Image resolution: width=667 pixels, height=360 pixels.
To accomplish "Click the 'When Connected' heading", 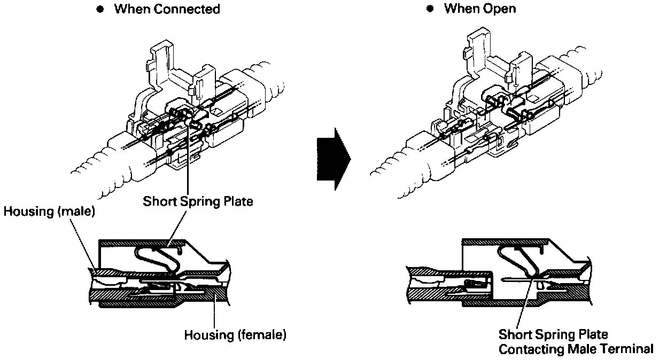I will point(167,10).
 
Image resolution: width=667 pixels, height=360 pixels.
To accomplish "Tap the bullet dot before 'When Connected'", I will point(99,10).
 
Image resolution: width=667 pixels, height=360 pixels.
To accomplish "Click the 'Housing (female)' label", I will point(235,335).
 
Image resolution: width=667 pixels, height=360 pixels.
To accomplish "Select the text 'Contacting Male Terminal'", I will point(576,349).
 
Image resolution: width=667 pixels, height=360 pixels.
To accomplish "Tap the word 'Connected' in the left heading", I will point(186,10).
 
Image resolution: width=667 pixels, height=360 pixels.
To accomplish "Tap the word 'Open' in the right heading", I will point(502,9).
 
